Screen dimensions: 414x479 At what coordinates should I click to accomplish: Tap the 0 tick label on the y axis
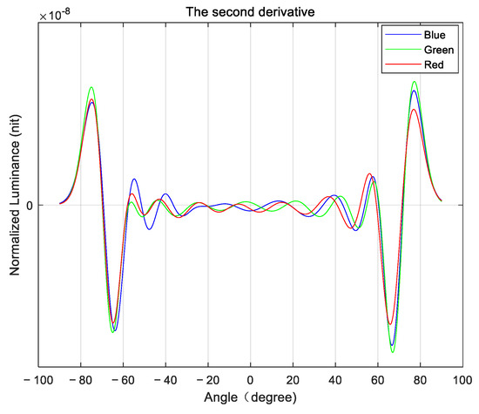(x=29, y=206)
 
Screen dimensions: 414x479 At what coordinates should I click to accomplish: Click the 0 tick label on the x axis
(x=250, y=381)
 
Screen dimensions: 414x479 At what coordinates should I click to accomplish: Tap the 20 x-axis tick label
(x=293, y=381)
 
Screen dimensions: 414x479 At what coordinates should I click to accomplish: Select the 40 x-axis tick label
(x=335, y=381)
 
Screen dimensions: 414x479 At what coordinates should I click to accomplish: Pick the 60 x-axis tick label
(x=377, y=381)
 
